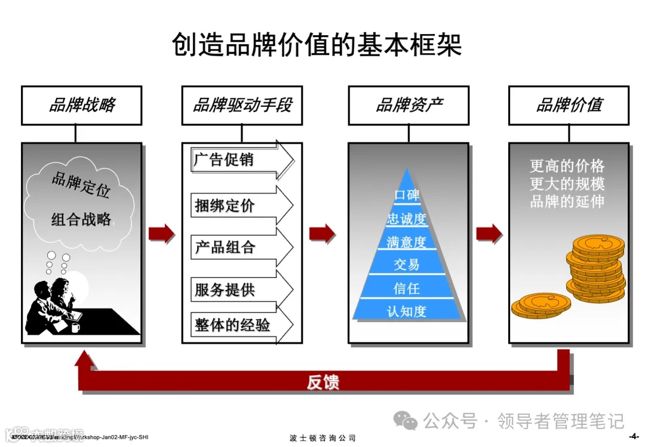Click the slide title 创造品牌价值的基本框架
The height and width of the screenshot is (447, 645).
317,45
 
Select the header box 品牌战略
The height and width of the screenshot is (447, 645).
82,106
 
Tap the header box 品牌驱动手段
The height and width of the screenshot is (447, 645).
242,106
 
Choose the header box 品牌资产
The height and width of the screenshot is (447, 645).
408,106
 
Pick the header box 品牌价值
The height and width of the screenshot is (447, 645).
569,106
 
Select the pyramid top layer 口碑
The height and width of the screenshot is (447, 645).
407,195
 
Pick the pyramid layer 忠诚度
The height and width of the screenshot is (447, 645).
407,219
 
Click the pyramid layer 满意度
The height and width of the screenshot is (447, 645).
407,242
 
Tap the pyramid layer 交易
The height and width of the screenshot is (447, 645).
407,264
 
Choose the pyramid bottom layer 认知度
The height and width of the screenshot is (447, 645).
407,311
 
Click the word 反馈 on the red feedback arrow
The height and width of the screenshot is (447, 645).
323,382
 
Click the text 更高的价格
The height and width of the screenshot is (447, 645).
567,166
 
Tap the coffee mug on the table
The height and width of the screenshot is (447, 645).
75,327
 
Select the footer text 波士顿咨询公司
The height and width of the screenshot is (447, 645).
322,438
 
